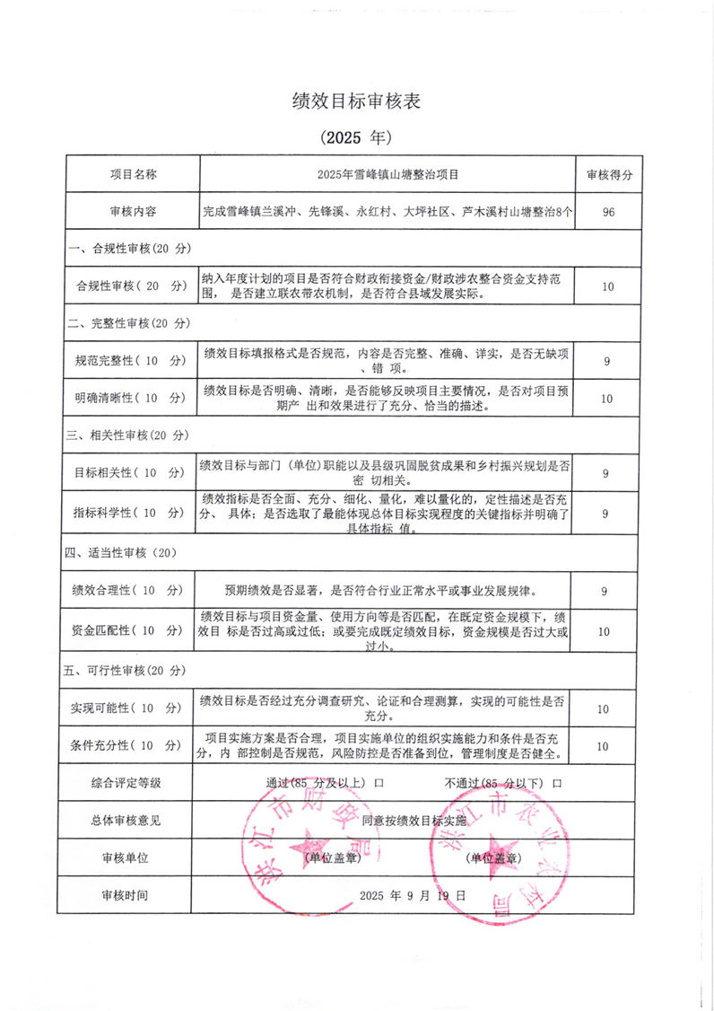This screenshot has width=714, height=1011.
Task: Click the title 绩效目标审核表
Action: (x=356, y=101)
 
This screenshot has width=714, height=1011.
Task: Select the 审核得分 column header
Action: (x=609, y=174)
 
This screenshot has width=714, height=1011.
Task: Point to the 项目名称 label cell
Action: (x=133, y=174)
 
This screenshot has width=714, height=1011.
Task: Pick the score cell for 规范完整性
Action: (x=607, y=361)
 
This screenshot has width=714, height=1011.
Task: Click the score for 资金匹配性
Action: (x=607, y=632)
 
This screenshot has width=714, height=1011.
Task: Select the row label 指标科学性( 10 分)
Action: (x=128, y=513)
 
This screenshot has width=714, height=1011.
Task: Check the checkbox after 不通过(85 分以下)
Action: (x=557, y=783)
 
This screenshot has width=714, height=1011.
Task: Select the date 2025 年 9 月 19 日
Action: (x=413, y=895)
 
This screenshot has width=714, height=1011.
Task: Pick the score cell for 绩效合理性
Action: (x=607, y=591)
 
